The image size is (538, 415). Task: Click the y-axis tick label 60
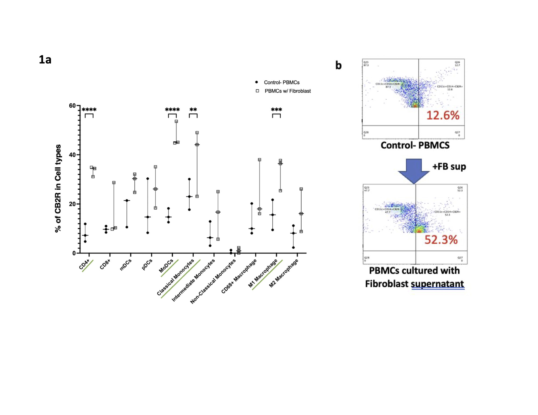pos(72,106)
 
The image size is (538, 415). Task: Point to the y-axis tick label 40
pos(72,155)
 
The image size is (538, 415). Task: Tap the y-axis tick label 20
pos(72,204)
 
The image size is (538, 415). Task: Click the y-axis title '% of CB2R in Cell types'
pos(58,188)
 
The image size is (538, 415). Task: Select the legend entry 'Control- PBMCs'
pos(281,82)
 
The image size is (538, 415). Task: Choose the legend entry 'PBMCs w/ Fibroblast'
pos(287,91)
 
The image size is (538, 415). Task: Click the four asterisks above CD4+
pos(89,110)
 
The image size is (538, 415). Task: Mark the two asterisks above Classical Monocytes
pos(193,110)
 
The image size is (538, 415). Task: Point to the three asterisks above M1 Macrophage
pos(276,110)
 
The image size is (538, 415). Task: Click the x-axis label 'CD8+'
pos(105,264)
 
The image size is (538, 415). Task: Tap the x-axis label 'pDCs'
pos(147,264)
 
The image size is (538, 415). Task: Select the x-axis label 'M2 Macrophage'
pos(284,273)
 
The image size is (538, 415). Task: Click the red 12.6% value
pos(443,116)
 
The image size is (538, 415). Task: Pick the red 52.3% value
pos(441,240)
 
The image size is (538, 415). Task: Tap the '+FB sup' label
pos(449,167)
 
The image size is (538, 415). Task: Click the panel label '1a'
pos(45,60)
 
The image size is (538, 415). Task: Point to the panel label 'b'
pos(338,65)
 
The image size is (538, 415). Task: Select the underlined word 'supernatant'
pos(438,284)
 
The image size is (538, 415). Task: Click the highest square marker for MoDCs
pos(176,121)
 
